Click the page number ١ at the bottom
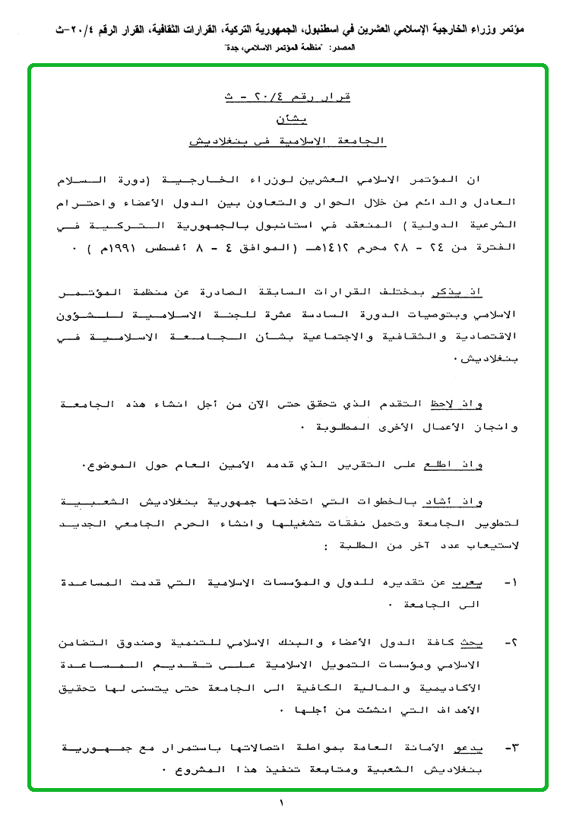tap(280, 803)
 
